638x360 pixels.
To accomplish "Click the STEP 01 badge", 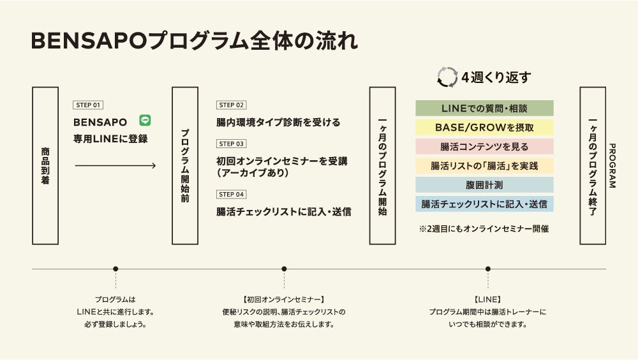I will click(88, 105).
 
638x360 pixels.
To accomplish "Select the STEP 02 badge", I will click(231, 105).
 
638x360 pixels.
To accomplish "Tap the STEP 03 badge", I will click(231, 144).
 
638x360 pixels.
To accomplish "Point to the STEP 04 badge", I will click(231, 194).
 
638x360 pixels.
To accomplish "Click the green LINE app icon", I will click(145, 120).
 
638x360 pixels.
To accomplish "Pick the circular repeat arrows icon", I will click(447, 77).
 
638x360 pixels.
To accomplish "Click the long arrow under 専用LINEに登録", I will click(115, 166).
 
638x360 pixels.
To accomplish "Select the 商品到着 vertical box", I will click(45, 166).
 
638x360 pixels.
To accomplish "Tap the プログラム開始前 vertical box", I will click(184, 166).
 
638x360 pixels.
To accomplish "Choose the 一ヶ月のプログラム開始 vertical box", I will click(383, 166).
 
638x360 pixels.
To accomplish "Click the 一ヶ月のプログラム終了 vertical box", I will click(593, 166).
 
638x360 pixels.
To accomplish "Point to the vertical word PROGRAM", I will click(612, 166).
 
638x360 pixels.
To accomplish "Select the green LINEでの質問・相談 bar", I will click(484, 109).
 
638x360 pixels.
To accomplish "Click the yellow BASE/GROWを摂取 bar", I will click(484, 128).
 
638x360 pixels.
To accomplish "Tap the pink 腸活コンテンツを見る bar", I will click(484, 147).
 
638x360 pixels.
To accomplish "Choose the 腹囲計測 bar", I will click(484, 185).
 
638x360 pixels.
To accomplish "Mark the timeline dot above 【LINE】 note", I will click(488, 269).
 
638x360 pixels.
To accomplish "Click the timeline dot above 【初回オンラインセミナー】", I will click(284, 269).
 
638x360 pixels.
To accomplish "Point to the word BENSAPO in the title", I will click(89, 41).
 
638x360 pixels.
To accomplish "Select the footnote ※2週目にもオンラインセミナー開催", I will click(484, 228).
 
